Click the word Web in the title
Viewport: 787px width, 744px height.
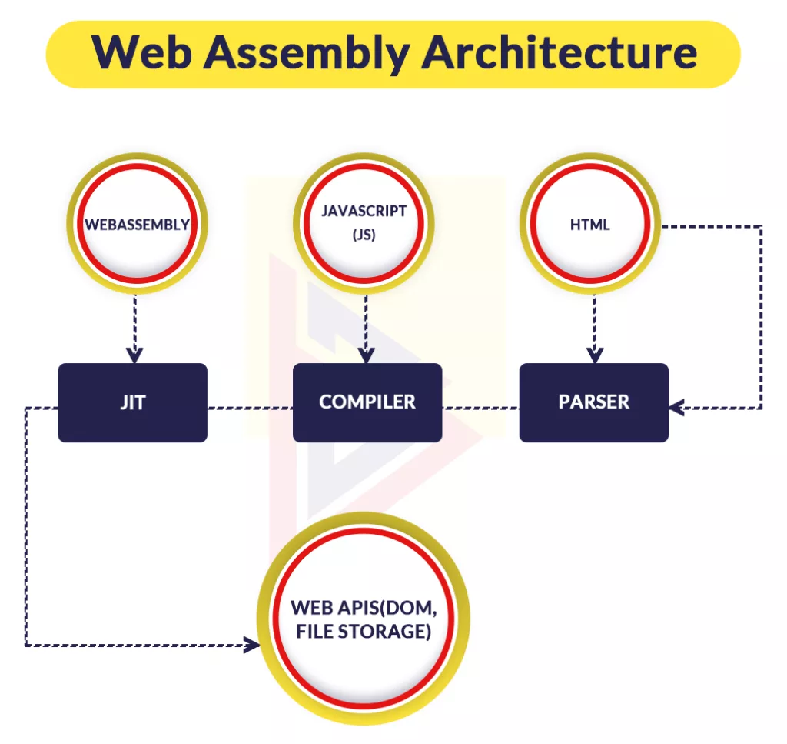(x=141, y=52)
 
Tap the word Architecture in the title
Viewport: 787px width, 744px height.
(x=560, y=52)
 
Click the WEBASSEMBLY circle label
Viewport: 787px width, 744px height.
(x=137, y=225)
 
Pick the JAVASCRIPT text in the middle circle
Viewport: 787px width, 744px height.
(x=364, y=211)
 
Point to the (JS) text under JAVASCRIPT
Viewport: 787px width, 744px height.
(x=364, y=235)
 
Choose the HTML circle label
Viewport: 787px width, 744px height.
(x=589, y=225)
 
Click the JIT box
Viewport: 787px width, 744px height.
(x=132, y=402)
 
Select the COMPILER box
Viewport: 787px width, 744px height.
(x=367, y=402)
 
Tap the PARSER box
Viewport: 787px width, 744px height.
(x=594, y=402)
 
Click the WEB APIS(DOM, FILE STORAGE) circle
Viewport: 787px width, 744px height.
(x=364, y=619)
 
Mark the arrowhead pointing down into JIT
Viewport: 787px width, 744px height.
(x=134, y=355)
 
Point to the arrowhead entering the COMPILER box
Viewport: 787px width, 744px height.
(x=366, y=355)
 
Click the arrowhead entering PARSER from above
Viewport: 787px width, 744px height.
(x=595, y=355)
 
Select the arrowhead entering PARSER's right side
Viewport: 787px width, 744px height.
(x=677, y=408)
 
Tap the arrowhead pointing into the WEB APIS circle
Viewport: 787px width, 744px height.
(x=251, y=645)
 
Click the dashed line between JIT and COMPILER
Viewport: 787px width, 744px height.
(x=250, y=408)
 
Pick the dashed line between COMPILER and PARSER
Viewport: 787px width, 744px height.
(x=481, y=408)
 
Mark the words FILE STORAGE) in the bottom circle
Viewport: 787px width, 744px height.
(x=364, y=632)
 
